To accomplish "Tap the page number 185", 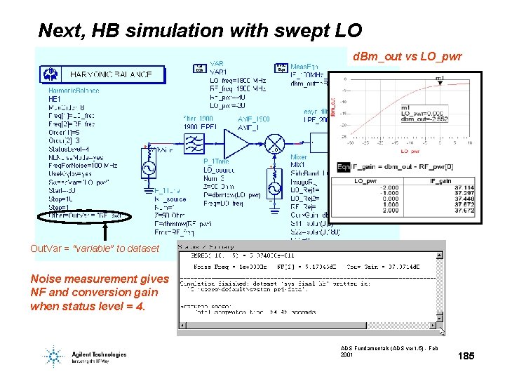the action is click(x=466, y=357).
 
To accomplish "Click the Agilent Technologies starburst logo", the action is click(x=54, y=356).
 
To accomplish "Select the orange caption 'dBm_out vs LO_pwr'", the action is click(x=407, y=56).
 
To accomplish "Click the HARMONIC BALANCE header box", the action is click(x=105, y=74).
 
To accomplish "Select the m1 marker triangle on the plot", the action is click(x=440, y=82).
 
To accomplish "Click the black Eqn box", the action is click(x=344, y=167).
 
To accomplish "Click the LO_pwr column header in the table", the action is click(x=365, y=181).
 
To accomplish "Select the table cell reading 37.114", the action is click(x=464, y=188).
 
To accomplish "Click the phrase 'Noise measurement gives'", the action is click(x=100, y=279).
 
